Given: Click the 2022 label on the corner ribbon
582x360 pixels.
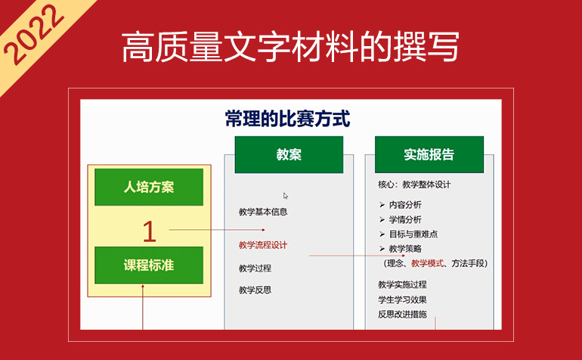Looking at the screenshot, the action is (34, 35).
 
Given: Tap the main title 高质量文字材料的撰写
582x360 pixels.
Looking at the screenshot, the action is (291, 47).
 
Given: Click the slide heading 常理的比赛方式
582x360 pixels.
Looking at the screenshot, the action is (288, 119).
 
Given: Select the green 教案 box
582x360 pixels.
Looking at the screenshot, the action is (289, 154).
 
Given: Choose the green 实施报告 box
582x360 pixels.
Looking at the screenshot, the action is (429, 154).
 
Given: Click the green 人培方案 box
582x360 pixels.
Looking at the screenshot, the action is (149, 187).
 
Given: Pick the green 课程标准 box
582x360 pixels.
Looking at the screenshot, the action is (149, 265).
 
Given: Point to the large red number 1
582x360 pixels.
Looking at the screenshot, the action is (149, 232).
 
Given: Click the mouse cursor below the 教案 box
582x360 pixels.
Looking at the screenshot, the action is (286, 196).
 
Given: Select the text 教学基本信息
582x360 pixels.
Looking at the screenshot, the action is (263, 212).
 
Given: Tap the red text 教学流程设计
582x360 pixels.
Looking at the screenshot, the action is (263, 245).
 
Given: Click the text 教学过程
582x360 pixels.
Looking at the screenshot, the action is (255, 268).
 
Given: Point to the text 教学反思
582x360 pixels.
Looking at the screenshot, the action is (255, 290).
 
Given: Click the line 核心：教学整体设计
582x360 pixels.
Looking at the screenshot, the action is (414, 185).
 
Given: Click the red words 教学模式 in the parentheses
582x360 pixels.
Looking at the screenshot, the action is (427, 263).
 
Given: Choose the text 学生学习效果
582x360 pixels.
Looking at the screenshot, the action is (402, 299).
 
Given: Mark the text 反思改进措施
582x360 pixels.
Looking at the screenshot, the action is (402, 315).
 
